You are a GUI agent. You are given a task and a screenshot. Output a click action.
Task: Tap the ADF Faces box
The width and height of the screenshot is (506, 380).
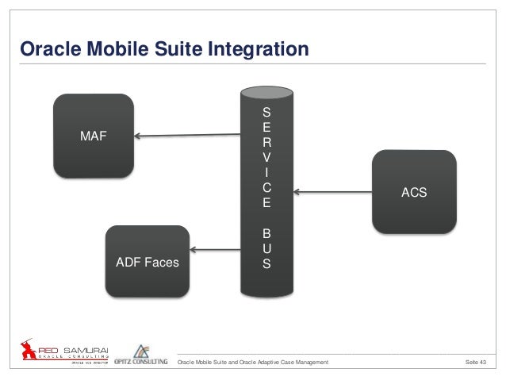coord(148,263)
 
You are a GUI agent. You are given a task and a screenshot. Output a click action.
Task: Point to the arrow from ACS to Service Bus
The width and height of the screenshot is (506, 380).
coord(332,191)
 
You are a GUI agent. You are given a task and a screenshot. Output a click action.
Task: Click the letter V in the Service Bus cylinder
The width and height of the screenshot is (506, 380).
coord(266,157)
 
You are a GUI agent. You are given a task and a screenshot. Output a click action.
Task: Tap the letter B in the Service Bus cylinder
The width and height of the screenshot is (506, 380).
coord(266,235)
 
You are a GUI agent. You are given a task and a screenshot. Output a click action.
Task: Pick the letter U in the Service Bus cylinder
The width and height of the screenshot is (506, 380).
coord(266,248)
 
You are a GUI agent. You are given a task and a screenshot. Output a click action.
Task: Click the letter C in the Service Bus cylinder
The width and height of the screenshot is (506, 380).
coord(266,189)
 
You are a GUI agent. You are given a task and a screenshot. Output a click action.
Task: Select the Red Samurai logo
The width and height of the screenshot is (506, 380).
coord(67,352)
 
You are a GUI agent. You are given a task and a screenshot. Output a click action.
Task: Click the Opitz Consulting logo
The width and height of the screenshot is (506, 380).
coord(144,355)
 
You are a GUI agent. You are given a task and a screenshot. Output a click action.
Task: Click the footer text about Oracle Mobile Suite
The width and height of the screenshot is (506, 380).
coord(253,363)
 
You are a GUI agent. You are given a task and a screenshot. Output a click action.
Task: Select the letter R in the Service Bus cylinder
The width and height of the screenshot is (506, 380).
coord(266,142)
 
